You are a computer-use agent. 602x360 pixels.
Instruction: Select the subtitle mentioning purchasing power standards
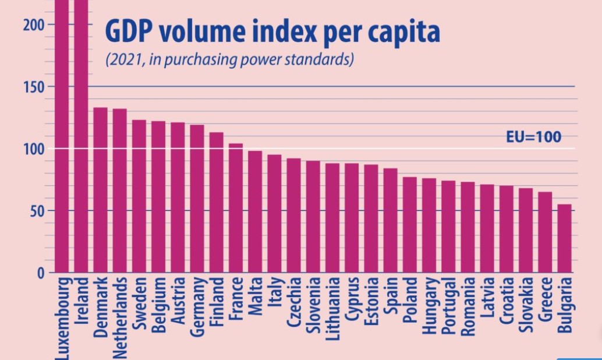[x=229, y=60]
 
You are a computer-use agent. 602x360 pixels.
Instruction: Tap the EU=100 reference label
[x=533, y=137]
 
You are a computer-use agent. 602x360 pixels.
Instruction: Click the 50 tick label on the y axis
[x=36, y=211]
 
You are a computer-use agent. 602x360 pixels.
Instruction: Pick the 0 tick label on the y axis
[x=41, y=273]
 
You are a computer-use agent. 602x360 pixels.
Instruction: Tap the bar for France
[x=236, y=208]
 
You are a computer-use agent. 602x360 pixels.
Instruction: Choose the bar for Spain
[x=391, y=220]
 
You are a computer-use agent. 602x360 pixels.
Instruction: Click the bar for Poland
[x=410, y=225]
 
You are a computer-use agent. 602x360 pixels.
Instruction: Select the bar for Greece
[x=545, y=232]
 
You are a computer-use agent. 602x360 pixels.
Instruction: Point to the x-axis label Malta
[x=255, y=297]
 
